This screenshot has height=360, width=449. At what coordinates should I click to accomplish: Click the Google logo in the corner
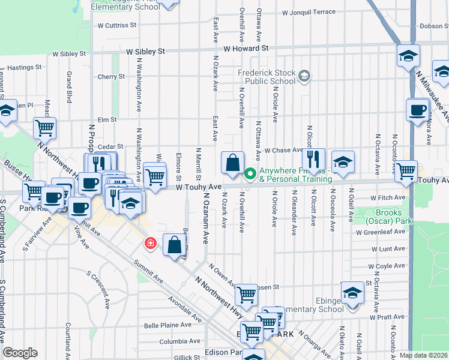click(20, 353)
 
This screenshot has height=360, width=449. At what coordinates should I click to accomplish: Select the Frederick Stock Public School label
click(267, 77)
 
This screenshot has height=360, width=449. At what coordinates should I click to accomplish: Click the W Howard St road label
click(246, 48)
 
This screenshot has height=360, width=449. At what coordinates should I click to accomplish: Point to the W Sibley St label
click(145, 52)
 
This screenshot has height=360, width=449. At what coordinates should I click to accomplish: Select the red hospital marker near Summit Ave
click(149, 244)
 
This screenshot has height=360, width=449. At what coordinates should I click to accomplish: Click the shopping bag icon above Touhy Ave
click(232, 162)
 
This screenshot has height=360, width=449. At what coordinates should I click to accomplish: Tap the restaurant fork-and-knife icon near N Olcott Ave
click(313, 160)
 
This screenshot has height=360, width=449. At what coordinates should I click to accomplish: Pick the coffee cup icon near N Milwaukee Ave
click(418, 110)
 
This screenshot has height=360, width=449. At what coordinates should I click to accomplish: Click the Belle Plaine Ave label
click(167, 326)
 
